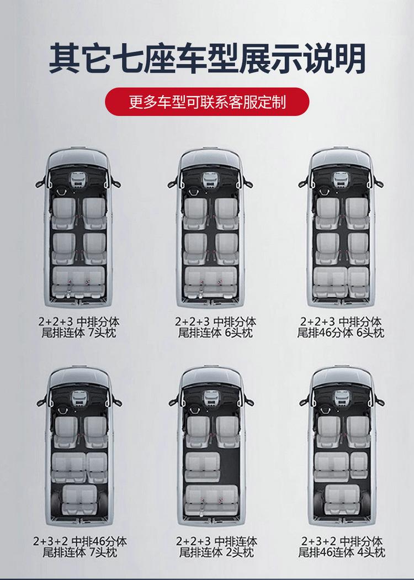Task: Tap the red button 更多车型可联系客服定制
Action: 207,102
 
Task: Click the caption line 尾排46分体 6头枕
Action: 341,333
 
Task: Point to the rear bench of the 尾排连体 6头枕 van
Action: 211,282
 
